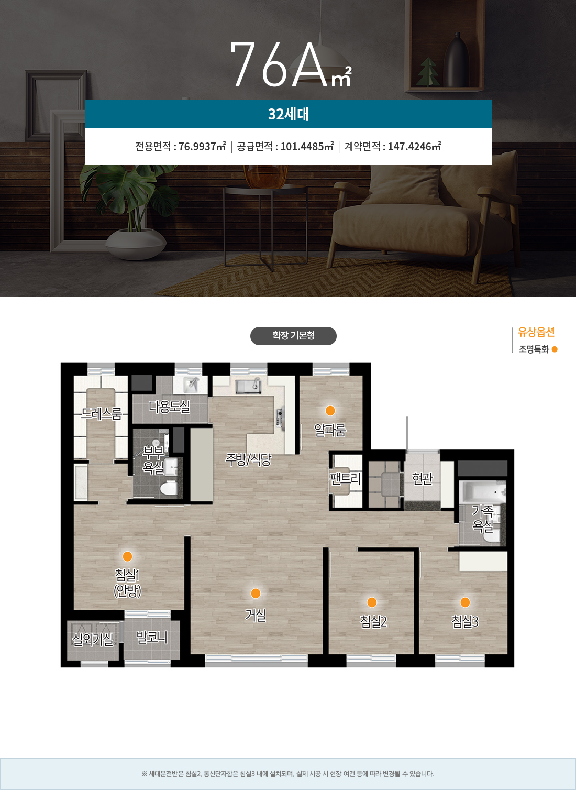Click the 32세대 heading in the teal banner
pyautogui.click(x=289, y=114)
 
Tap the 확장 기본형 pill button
pyautogui.click(x=293, y=335)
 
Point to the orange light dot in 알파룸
pyautogui.click(x=330, y=411)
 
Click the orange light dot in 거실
pyautogui.click(x=256, y=593)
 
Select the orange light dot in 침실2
pyautogui.click(x=372, y=602)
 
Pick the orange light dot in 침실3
pyautogui.click(x=465, y=602)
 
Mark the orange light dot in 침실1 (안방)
pyautogui.click(x=127, y=556)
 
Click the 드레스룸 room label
pyautogui.click(x=101, y=413)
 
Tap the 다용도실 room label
pyautogui.click(x=169, y=407)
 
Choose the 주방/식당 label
pyautogui.click(x=249, y=459)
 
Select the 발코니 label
pyautogui.click(x=152, y=637)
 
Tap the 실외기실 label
pyautogui.click(x=93, y=639)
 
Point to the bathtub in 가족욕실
pyautogui.click(x=484, y=491)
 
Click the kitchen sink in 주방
pyautogui.click(x=248, y=386)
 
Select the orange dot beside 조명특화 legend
pyautogui.click(x=555, y=349)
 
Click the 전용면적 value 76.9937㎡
pyautogui.click(x=202, y=146)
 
